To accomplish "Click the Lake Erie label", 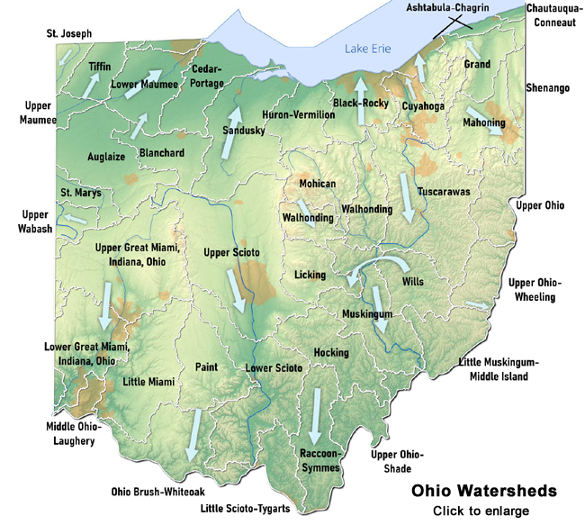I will tap(365, 50).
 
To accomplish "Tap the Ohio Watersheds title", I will tap(483, 493).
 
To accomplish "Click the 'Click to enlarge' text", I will tap(483, 511).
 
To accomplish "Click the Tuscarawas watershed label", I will tap(446, 192).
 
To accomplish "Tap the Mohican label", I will tap(317, 184).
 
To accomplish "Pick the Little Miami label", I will tap(148, 381).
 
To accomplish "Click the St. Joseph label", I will tap(69, 34).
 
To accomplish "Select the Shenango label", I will tap(546, 87).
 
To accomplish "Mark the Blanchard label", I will tap(162, 153).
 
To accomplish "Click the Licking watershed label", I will tap(310, 274).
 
